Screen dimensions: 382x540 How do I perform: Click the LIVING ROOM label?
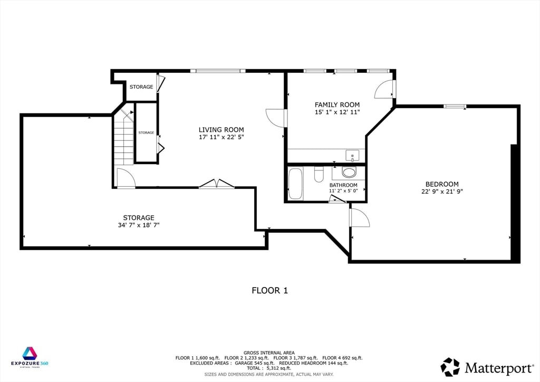click(221, 129)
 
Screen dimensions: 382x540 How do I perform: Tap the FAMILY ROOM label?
click(337, 104)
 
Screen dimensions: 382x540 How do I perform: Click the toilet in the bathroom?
click(319, 174)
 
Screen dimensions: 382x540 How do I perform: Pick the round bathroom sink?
click(349, 171)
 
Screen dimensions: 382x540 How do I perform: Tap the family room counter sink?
click(352, 155)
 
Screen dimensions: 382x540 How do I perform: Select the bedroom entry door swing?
click(359, 217)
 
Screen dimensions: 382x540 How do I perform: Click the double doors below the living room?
click(216, 184)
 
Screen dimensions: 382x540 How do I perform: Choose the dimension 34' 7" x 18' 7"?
click(138, 225)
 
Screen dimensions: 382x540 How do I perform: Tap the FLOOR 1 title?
click(269, 290)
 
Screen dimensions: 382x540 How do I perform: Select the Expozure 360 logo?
click(30, 357)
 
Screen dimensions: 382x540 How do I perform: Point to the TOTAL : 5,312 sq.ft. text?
click(269, 368)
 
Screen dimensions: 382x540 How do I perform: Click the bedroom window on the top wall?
click(455, 107)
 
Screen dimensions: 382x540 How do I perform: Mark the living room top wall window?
click(217, 71)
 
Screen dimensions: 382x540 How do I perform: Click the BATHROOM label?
click(343, 185)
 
